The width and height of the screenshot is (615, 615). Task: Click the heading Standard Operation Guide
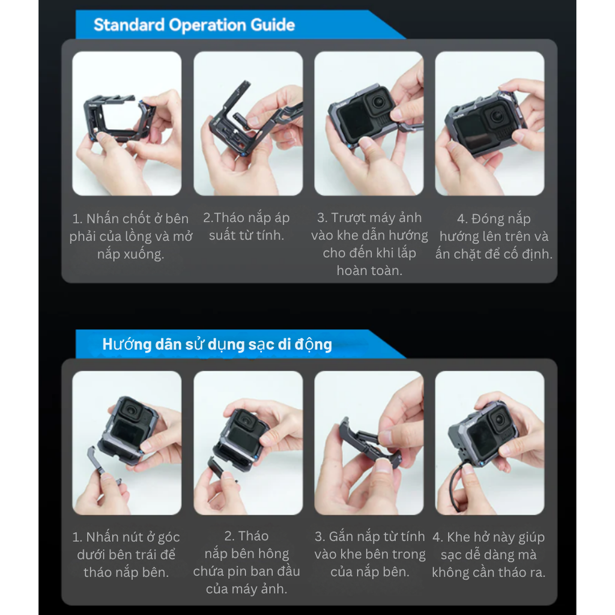click(194, 25)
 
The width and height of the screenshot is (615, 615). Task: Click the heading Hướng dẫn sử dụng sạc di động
click(217, 345)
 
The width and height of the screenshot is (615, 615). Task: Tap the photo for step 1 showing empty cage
click(127, 123)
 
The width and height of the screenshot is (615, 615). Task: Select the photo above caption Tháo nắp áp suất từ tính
click(248, 123)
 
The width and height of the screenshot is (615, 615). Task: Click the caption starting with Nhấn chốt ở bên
click(130, 236)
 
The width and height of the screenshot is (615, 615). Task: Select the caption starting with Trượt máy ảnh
click(369, 244)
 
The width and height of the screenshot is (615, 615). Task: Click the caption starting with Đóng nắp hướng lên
click(493, 236)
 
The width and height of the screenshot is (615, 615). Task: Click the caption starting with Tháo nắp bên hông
click(246, 562)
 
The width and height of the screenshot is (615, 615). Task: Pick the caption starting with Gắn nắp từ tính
click(369, 554)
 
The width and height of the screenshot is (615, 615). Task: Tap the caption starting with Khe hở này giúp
click(488, 554)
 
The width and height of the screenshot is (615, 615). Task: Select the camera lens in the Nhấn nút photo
click(131, 411)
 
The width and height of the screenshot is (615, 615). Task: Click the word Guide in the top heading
click(273, 25)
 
